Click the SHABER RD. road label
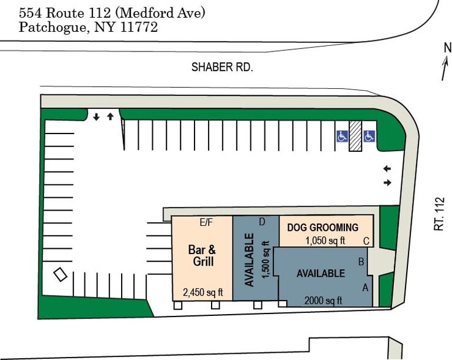point(222,67)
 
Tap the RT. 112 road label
point(439,213)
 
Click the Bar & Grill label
point(201,255)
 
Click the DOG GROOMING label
point(322,227)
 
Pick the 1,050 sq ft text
point(325,241)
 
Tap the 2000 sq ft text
point(323,300)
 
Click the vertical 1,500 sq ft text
point(265,260)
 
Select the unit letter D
point(262,222)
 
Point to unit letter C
point(366,241)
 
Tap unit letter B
point(361,262)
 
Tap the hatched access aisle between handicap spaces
point(355,136)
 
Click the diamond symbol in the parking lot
point(60,275)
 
